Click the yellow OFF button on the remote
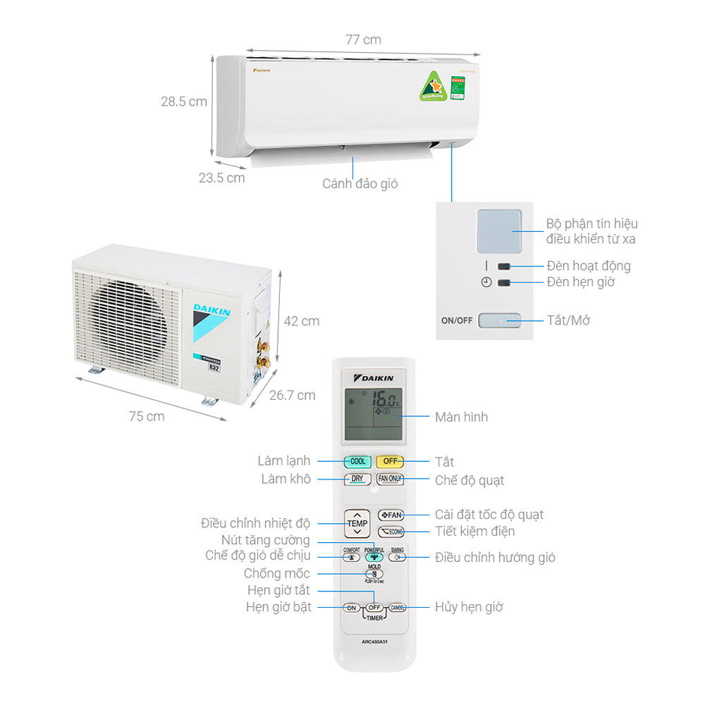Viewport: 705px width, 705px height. point(390,462)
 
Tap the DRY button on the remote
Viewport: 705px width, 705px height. point(357,479)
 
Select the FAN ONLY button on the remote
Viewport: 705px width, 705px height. point(390,479)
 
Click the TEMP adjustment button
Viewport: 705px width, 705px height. point(357,523)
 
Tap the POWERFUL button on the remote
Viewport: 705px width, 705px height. point(374,554)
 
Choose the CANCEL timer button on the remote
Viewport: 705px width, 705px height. point(397,607)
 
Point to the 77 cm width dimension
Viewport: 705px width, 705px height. point(363,39)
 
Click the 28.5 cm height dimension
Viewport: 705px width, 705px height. point(184,102)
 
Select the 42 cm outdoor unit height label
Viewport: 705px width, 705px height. point(301,321)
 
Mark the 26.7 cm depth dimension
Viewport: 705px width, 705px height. point(293,395)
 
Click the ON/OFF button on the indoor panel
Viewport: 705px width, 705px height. point(499,321)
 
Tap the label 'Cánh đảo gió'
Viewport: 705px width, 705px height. point(360,184)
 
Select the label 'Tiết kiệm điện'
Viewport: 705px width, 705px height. point(474,532)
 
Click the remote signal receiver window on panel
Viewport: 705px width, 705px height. point(498,231)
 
